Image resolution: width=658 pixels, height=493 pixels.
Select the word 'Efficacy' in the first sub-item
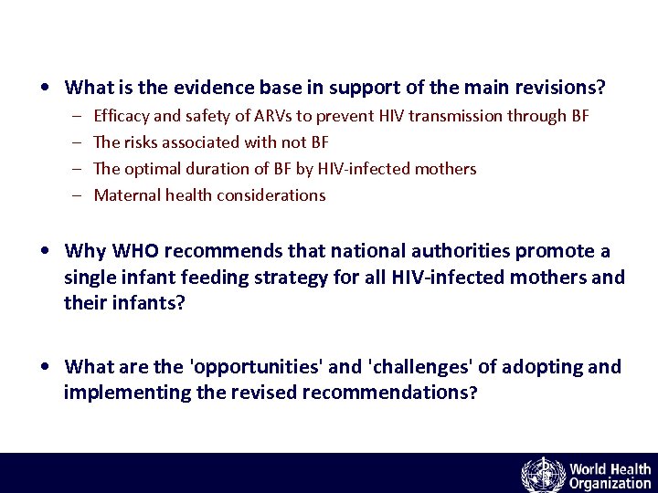[x=122, y=116]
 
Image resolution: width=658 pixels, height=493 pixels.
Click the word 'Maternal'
[x=126, y=195]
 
